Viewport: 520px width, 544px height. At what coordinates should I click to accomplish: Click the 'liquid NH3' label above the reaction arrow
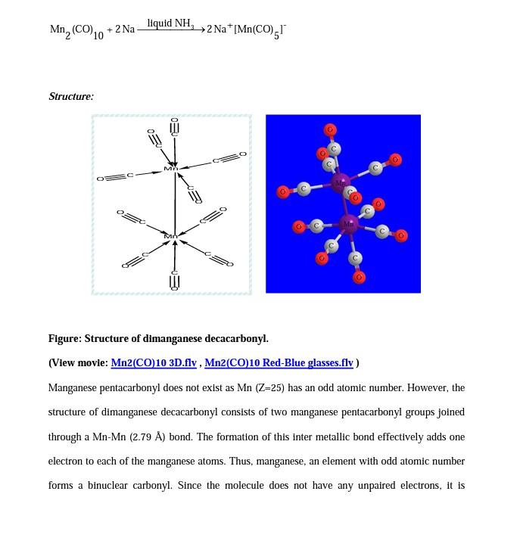(170, 23)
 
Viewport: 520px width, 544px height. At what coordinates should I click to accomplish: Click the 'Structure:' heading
(71, 96)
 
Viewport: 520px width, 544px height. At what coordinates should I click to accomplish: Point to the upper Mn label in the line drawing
(171, 168)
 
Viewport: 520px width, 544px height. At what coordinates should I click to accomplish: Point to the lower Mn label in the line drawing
(171, 236)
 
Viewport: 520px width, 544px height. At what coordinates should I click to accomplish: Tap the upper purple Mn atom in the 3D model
(341, 182)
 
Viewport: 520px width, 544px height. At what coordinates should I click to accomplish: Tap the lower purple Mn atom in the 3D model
(349, 224)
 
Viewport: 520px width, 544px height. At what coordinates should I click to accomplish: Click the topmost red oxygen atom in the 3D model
(330, 130)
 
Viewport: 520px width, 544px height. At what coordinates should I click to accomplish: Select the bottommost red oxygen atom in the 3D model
(359, 278)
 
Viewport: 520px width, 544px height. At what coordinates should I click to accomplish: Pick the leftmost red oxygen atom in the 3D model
(283, 192)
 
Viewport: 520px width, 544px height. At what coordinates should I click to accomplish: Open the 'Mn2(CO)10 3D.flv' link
(154, 363)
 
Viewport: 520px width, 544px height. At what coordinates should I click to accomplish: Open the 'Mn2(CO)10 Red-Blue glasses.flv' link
(279, 363)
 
